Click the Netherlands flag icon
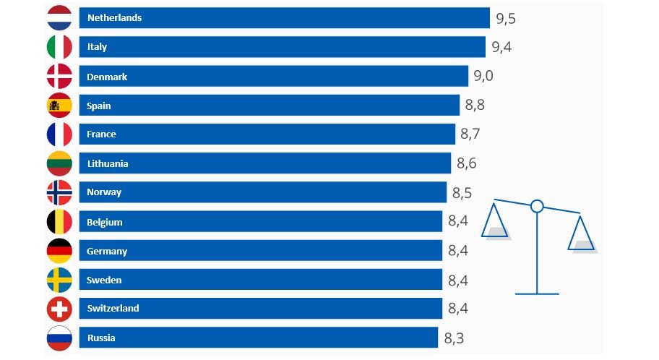59,18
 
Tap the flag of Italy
59,47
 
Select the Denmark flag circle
59,77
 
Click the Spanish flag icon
59,106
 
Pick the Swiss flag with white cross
59,309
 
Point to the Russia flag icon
59,338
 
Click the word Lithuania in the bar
107,163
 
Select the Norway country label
104,192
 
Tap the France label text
101,134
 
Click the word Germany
106,251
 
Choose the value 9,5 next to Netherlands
506,18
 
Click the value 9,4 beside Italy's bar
501,47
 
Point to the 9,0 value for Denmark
484,76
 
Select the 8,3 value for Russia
454,337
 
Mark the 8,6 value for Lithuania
467,163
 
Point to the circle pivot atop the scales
537,207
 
